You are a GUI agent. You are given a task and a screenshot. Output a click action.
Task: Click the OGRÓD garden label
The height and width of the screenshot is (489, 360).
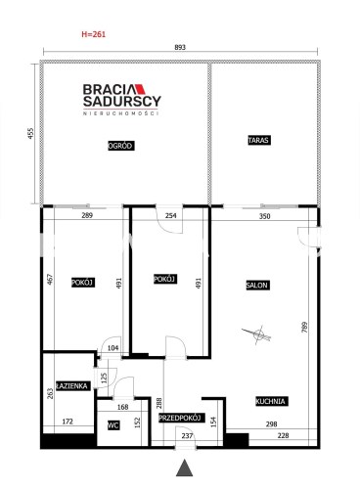point(121,146)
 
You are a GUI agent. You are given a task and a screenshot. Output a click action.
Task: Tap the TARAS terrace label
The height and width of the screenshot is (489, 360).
point(259,140)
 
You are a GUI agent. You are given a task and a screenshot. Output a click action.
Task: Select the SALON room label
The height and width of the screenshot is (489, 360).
point(257,286)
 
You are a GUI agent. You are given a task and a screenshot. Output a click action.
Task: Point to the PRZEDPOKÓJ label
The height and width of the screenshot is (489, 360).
point(182,418)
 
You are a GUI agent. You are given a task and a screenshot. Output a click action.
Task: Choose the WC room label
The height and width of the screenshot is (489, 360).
point(113,425)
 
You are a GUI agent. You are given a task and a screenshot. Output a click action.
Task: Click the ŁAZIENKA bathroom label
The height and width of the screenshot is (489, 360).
point(72,386)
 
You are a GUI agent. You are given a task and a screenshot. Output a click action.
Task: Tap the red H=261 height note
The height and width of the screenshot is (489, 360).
point(94,34)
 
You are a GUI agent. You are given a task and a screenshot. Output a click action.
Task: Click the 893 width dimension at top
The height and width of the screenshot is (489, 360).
point(180,47)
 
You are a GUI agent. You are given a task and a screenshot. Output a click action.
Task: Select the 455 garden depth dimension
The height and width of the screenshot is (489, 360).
point(30,134)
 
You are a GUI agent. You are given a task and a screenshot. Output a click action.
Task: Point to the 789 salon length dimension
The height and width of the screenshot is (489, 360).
point(304,328)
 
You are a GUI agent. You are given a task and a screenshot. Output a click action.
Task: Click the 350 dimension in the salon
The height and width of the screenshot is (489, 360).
point(265,216)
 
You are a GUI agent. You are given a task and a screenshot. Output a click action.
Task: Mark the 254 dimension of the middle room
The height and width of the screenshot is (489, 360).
point(171,215)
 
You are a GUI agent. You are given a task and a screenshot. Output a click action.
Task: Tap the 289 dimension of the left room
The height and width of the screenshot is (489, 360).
point(87,215)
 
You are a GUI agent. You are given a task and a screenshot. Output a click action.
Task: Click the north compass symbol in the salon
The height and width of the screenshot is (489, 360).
point(257,333)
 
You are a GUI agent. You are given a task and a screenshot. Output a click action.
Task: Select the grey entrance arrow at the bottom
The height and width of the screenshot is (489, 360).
point(185,467)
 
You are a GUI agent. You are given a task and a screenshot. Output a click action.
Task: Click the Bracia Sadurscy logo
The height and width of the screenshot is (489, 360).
point(121,100)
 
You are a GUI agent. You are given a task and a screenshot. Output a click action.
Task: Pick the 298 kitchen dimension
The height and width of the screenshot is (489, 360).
point(271,423)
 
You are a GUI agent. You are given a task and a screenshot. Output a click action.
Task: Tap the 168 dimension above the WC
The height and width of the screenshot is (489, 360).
point(122,407)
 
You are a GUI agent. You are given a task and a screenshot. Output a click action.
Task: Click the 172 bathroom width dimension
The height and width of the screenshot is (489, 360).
point(67,422)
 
